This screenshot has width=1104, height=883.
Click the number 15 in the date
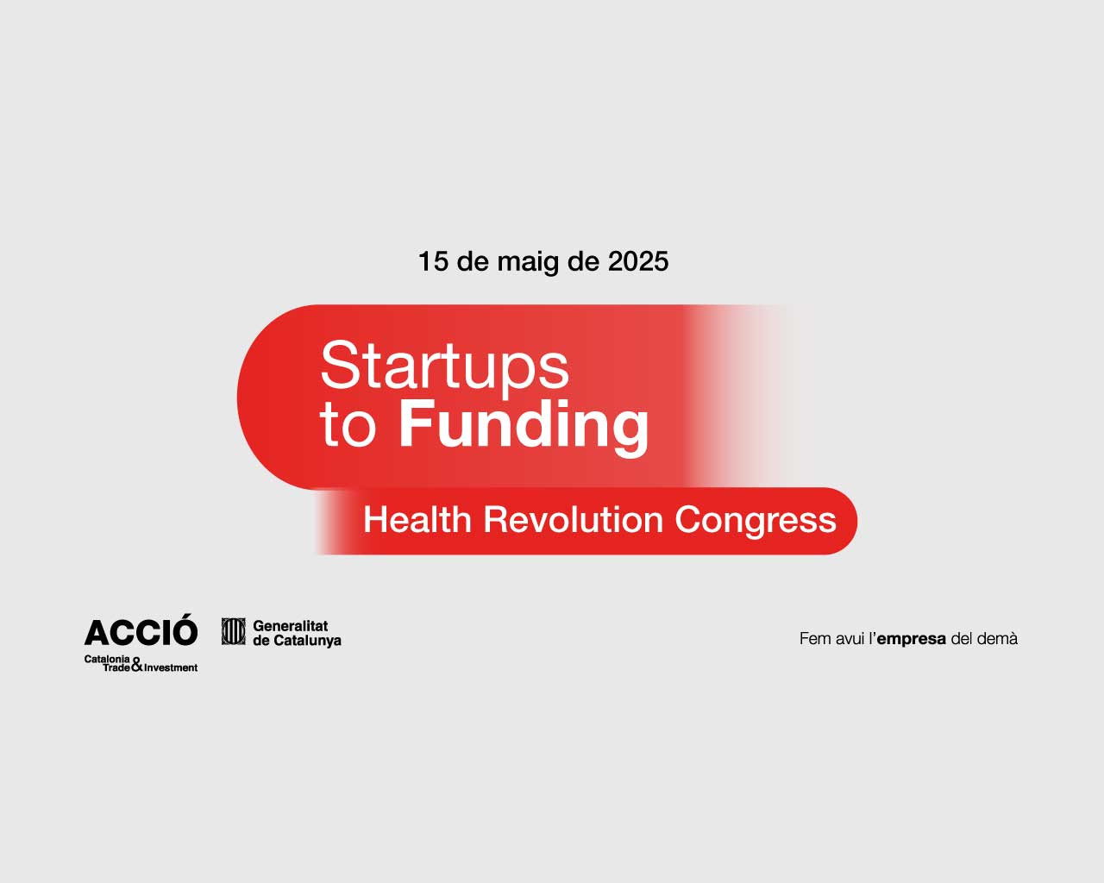(x=434, y=261)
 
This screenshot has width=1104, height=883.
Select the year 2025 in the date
(x=638, y=261)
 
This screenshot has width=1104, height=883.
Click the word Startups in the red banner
(x=444, y=366)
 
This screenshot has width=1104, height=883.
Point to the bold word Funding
(x=524, y=428)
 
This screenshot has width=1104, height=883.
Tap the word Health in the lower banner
(x=417, y=520)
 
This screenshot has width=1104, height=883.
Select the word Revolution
(x=574, y=520)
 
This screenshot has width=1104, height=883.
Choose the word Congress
(x=756, y=522)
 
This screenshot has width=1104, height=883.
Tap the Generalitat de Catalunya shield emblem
(x=234, y=631)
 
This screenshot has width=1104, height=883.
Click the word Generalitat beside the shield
(x=291, y=626)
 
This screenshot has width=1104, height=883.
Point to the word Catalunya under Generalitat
(x=307, y=642)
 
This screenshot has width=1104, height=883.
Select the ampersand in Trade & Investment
(x=137, y=665)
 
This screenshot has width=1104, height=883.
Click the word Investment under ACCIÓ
(x=171, y=667)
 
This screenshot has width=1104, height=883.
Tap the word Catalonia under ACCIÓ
(x=107, y=659)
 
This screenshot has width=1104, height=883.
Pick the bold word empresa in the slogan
(x=911, y=639)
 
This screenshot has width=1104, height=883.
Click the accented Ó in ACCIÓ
(x=183, y=629)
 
